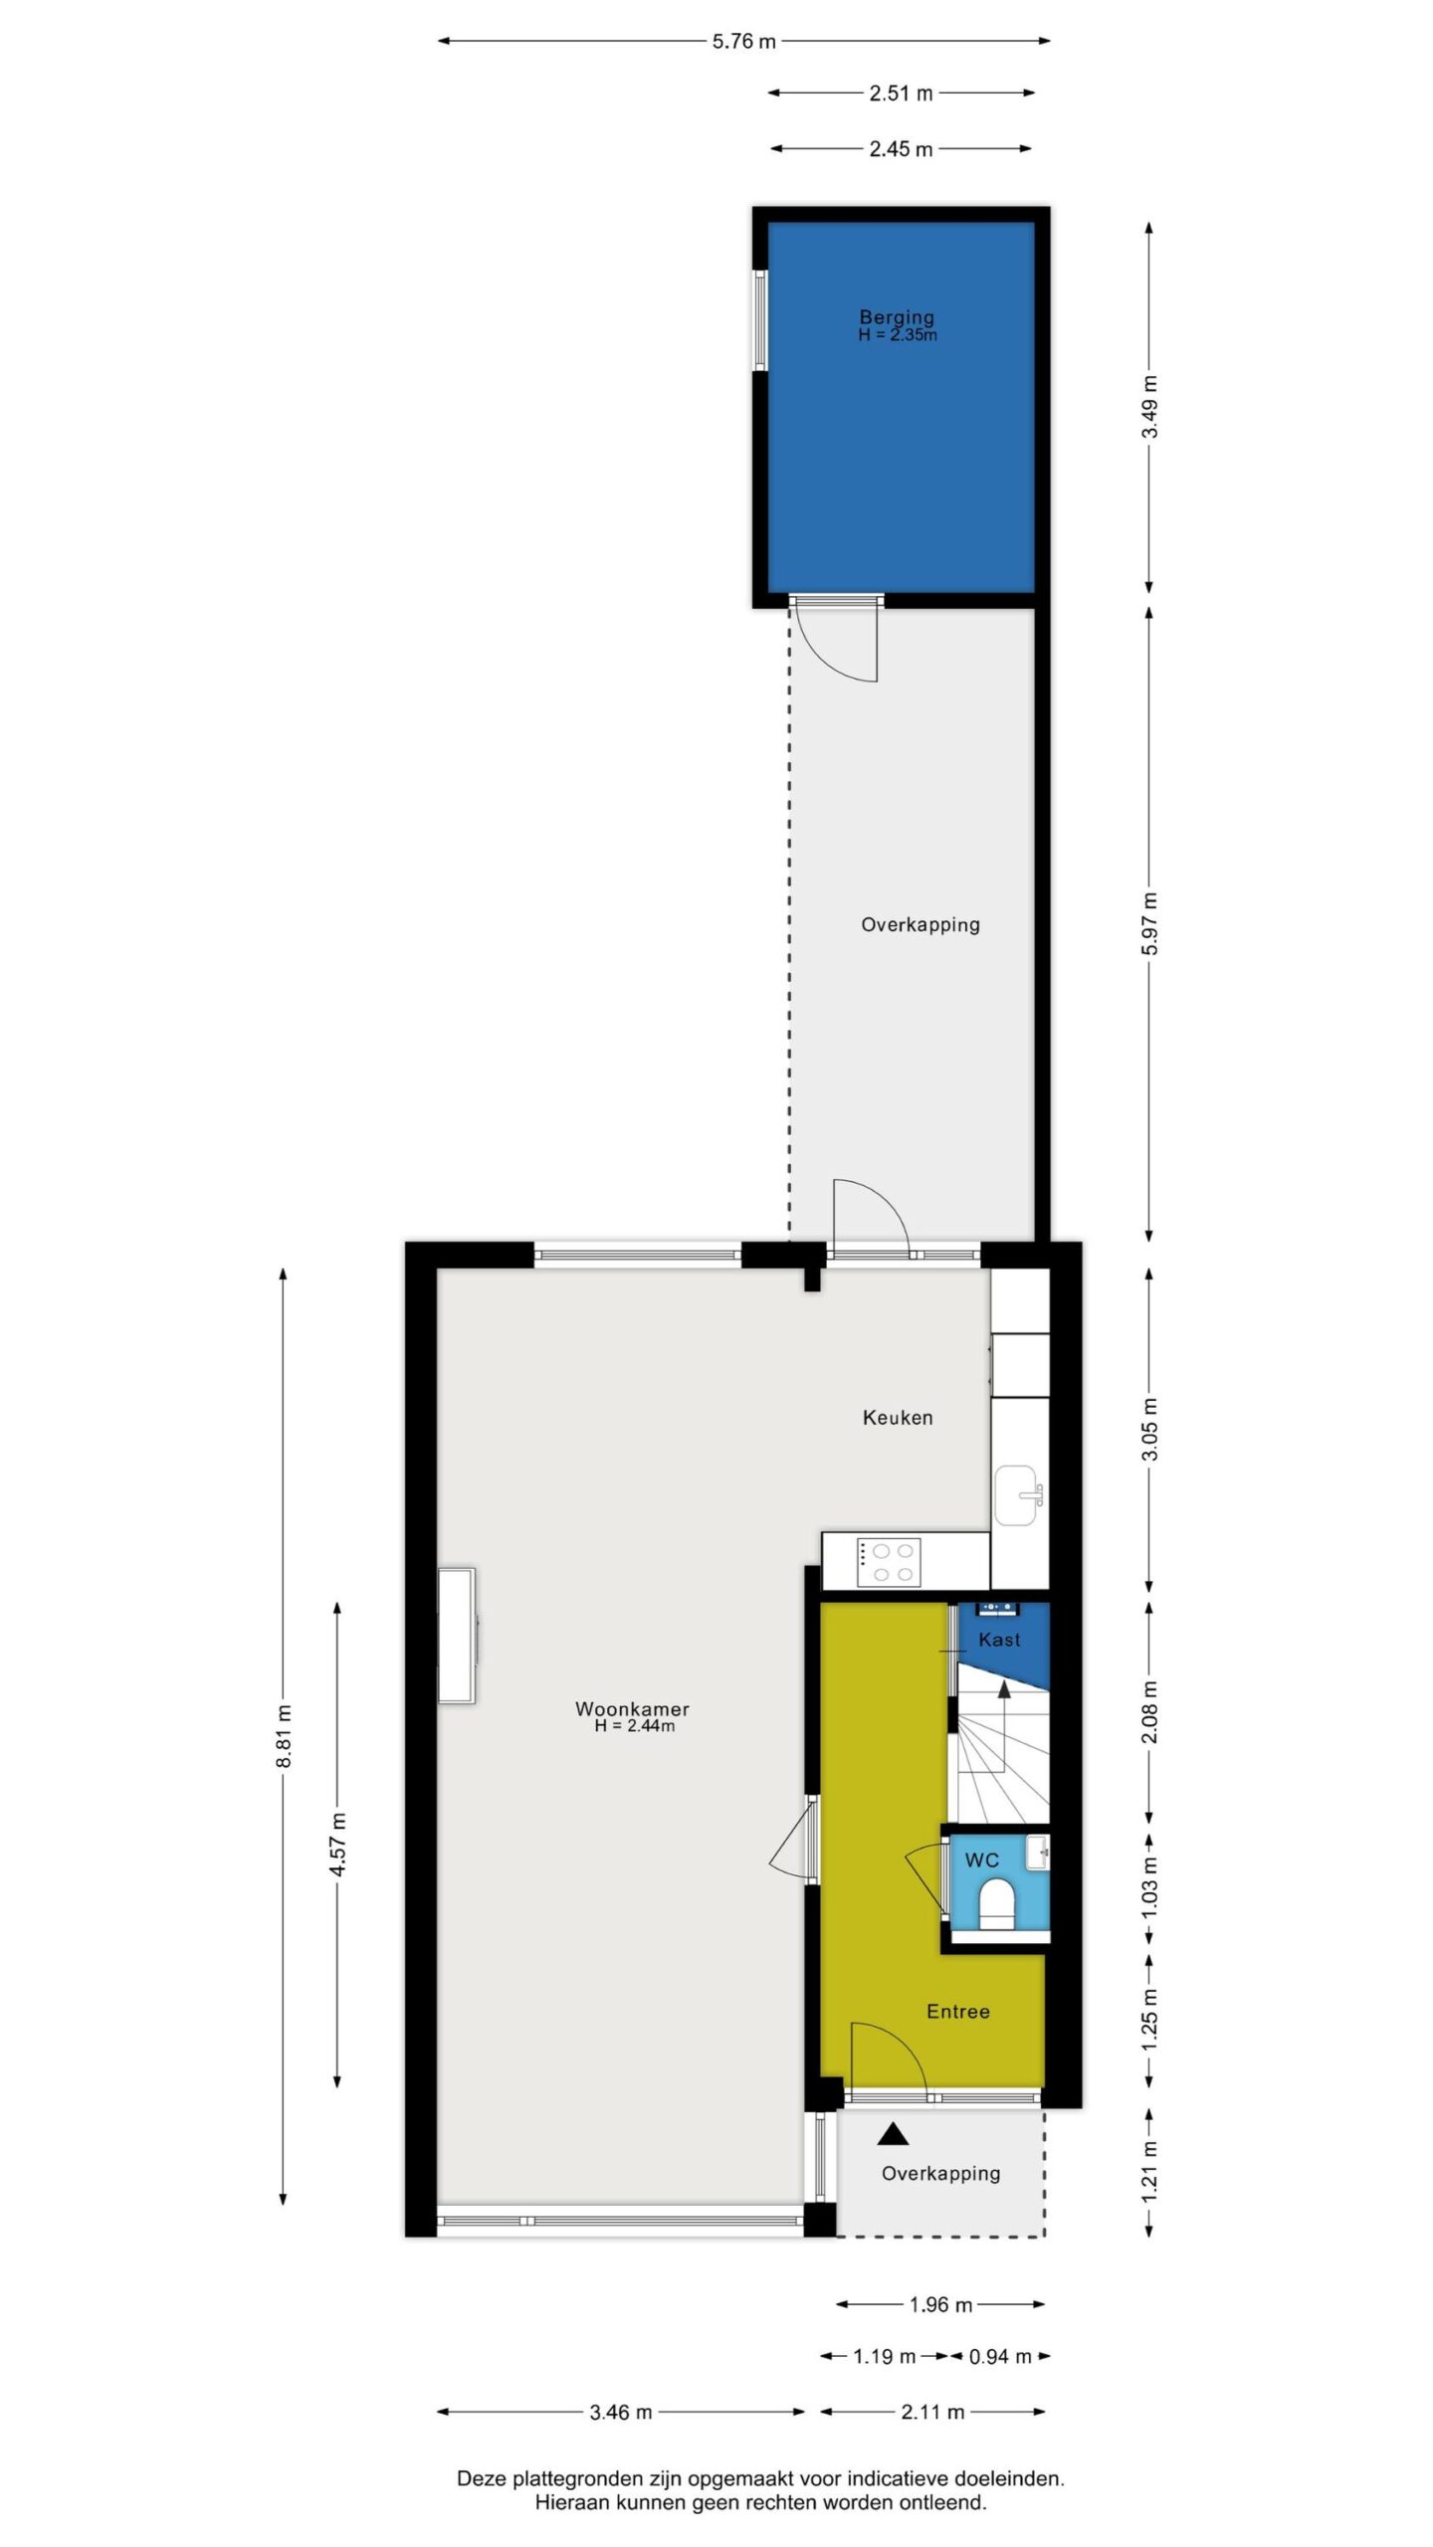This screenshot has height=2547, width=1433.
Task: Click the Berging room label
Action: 897,317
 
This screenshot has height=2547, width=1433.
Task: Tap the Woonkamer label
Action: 632,1708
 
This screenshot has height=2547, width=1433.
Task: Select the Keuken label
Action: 898,1417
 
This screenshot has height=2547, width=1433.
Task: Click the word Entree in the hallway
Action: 957,2011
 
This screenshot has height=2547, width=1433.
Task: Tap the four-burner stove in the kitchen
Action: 888,1561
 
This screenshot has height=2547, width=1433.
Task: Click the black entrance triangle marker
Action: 893,2133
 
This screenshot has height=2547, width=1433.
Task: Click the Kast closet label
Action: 999,1640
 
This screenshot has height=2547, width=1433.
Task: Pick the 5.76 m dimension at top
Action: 743,41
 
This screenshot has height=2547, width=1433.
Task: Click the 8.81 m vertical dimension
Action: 284,1736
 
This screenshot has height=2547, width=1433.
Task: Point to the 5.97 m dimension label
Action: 1149,924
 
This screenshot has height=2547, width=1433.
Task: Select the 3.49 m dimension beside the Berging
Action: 1149,406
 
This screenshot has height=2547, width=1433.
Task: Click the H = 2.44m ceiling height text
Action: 634,1726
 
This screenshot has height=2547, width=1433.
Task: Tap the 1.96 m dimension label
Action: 940,2304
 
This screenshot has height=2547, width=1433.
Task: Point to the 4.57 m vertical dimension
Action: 338,1844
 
